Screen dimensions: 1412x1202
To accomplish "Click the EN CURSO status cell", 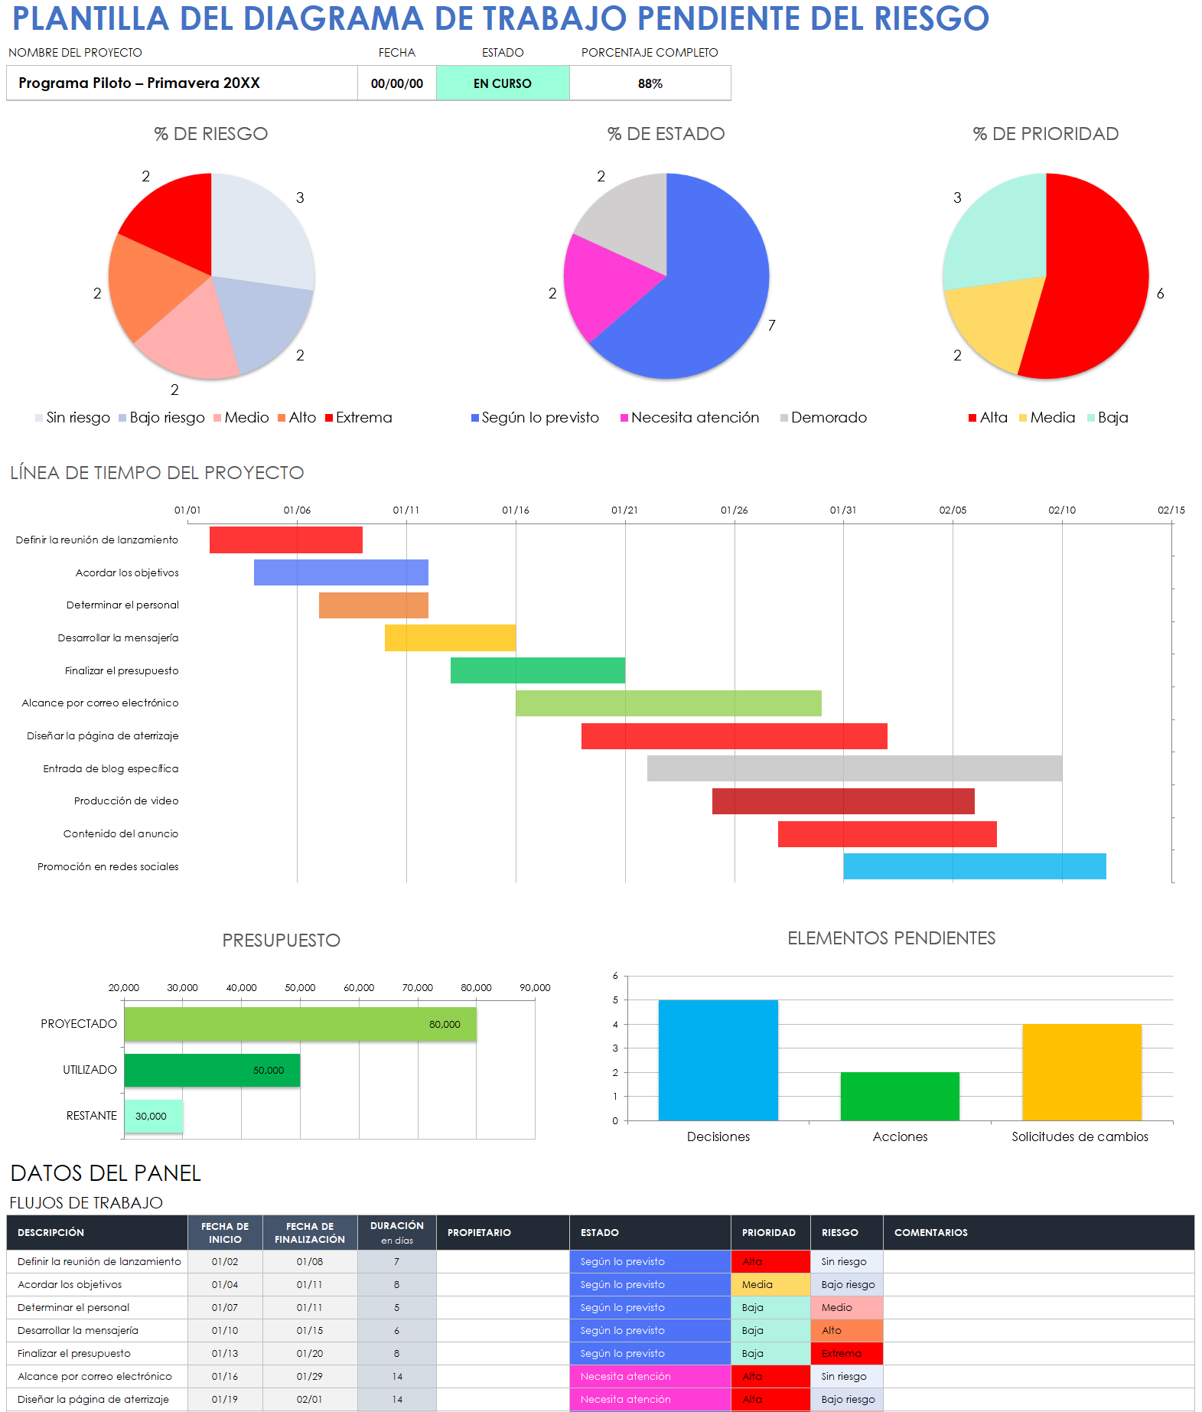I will (x=502, y=83).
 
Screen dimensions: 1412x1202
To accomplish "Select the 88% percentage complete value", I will (x=650, y=83).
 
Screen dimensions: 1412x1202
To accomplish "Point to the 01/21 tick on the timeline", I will (x=624, y=510).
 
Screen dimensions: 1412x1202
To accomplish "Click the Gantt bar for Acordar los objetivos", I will (x=340, y=572).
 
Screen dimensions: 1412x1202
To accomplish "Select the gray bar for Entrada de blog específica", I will (x=854, y=768).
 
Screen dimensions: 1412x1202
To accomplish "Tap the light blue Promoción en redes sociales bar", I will (x=974, y=866).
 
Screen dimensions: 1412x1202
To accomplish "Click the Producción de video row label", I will (x=126, y=801).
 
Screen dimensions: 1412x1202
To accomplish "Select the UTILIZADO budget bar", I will (x=212, y=1070).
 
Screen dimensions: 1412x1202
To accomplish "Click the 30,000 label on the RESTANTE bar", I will (x=151, y=1117).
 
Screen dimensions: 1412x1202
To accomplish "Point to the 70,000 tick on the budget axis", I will (x=417, y=988).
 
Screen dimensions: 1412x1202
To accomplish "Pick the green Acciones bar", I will (x=899, y=1096).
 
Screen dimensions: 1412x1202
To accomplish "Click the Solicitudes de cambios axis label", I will (x=1079, y=1137).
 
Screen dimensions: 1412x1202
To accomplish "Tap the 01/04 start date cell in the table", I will (x=225, y=1285).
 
